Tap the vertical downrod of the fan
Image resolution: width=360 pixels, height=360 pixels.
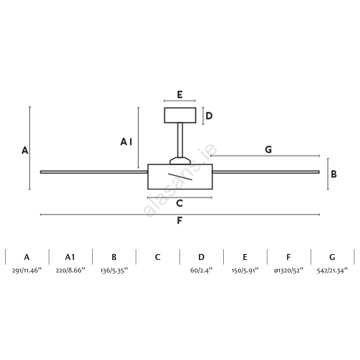[180, 140]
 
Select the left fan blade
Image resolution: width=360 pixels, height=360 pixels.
[94, 172]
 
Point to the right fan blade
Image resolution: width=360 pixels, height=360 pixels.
[266, 172]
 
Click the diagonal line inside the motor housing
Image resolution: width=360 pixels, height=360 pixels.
[180, 176]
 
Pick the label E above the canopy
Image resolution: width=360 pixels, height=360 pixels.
[180, 94]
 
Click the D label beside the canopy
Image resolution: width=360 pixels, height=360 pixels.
[209, 116]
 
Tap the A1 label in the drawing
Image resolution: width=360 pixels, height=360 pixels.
[126, 142]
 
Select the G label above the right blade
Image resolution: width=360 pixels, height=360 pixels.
[268, 150]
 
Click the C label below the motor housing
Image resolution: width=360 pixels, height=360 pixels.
[180, 203]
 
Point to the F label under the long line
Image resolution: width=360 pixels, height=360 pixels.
[180, 220]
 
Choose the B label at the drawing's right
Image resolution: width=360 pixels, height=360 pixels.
[334, 174]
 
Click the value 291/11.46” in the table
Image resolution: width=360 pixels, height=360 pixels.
[27, 270]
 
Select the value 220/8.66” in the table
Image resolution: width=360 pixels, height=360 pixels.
[70, 270]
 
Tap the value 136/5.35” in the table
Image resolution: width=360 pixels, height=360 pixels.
[114, 270]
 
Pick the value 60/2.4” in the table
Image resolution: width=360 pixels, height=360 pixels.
[201, 270]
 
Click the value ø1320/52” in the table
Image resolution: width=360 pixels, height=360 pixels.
[288, 270]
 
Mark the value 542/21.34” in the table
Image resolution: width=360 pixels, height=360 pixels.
[332, 270]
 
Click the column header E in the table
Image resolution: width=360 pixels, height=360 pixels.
[245, 257]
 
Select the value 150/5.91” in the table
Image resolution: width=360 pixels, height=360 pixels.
[245, 270]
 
